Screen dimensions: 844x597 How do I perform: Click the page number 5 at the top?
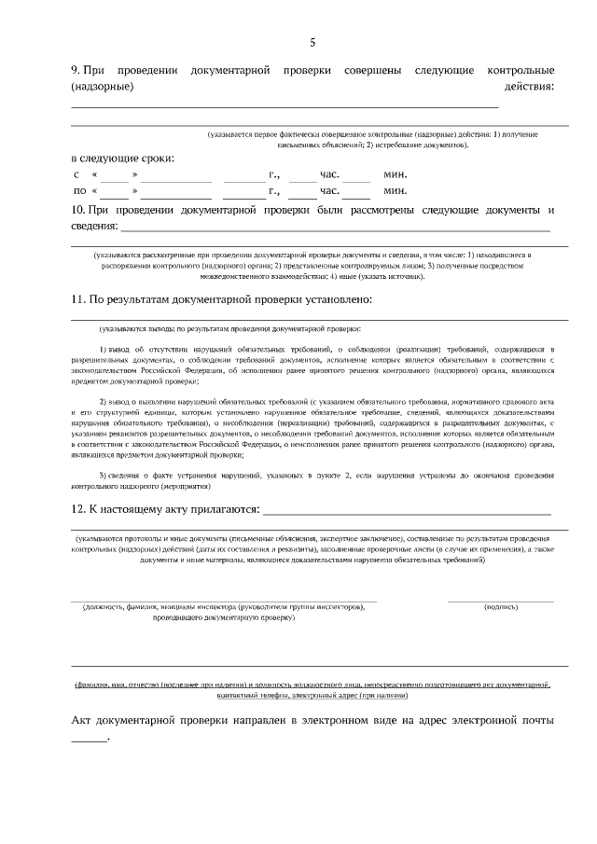coord(313,42)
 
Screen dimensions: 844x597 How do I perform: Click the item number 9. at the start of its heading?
coord(76,71)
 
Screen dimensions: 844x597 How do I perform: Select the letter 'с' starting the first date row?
coord(76,174)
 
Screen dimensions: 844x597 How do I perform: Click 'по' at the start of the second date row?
coord(79,191)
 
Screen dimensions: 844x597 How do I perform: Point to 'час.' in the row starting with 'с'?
coord(329,174)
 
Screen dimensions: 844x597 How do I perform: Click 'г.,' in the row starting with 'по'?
coord(274,191)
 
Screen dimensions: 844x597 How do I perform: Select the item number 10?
coord(78,210)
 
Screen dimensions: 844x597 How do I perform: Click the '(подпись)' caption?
coord(501,607)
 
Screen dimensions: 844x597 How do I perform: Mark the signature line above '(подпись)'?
coord(501,600)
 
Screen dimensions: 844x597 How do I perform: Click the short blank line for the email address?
coord(90,740)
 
